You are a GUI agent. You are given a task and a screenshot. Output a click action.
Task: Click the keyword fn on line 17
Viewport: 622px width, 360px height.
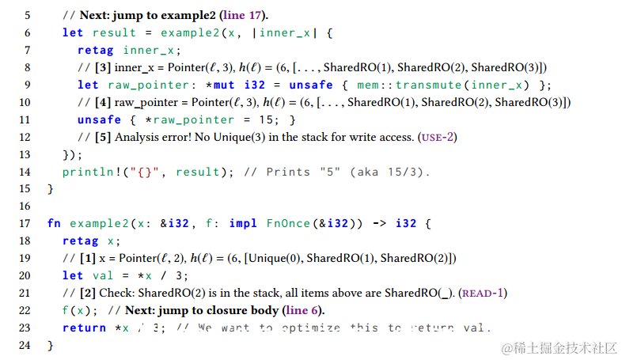(x=53, y=224)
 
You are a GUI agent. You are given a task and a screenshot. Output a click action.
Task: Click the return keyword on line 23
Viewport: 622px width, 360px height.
(x=84, y=328)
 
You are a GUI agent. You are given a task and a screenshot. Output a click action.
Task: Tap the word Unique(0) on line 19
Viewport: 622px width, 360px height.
(x=272, y=259)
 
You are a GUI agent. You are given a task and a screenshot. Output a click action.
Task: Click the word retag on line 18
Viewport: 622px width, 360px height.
(x=80, y=241)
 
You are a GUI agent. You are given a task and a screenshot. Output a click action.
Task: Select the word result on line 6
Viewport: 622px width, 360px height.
(x=115, y=33)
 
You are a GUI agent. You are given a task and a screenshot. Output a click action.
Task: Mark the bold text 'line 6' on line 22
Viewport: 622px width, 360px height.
(x=302, y=311)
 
